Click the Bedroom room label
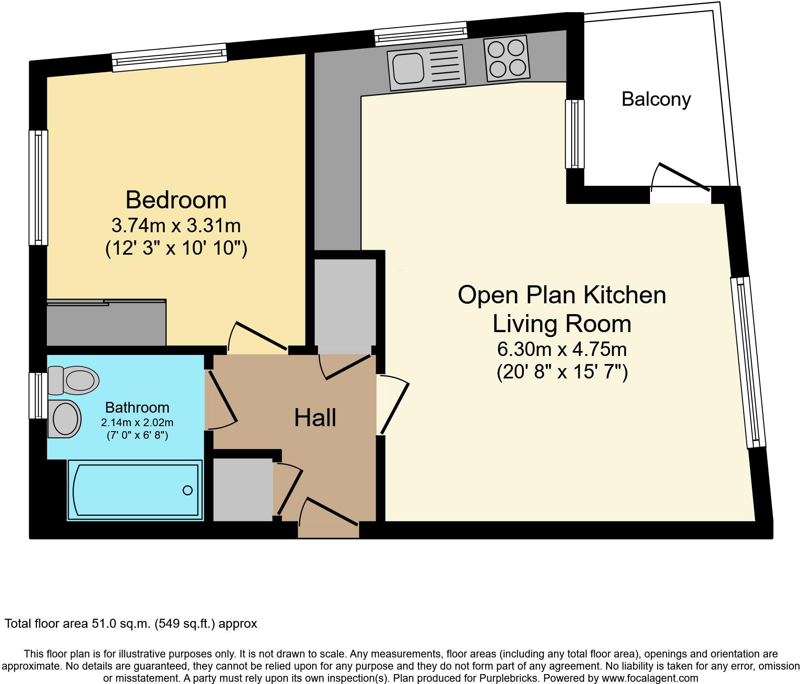[176, 200]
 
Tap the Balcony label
[656, 99]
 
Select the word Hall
[315, 418]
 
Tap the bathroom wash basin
[65, 418]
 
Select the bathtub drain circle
[187, 490]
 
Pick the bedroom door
[260, 337]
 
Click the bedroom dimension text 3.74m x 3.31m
[176, 225]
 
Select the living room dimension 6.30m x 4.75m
[562, 349]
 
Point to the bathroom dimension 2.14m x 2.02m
[137, 423]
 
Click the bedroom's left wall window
[39, 187]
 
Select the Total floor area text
[131, 624]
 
